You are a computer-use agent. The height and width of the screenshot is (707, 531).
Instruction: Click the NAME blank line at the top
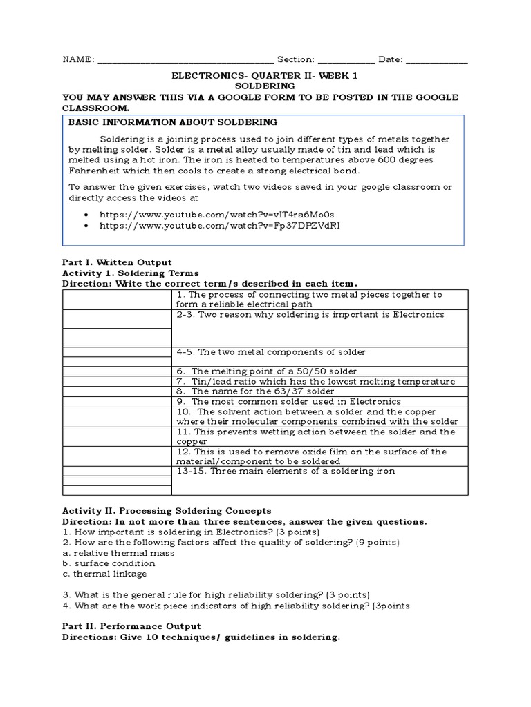click(185, 61)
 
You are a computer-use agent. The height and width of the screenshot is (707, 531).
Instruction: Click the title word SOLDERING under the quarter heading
click(265, 86)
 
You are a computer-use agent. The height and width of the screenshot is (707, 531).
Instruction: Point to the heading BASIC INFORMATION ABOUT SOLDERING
click(173, 122)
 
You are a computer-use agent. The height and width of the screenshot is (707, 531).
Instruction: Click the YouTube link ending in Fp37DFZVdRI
click(220, 226)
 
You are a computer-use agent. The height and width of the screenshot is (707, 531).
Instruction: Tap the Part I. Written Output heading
click(117, 262)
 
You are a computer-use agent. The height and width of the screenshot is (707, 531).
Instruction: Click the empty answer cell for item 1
click(117, 300)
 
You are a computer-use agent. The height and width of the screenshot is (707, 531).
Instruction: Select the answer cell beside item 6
click(117, 371)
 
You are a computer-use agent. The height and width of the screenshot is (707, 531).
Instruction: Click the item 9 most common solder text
click(297, 401)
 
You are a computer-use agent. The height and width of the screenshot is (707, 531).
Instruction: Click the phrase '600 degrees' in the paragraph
click(408, 160)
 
